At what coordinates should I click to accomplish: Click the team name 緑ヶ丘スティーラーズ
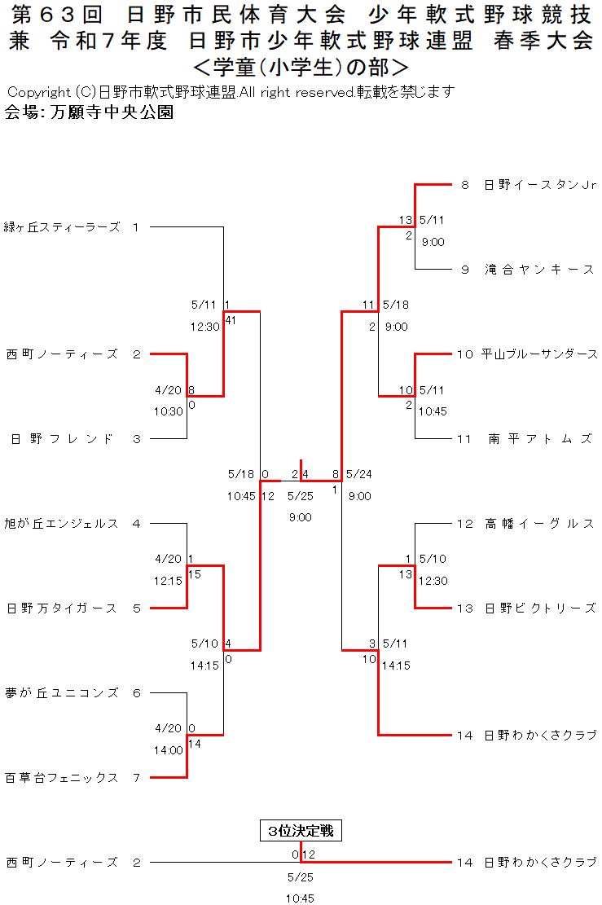(x=62, y=227)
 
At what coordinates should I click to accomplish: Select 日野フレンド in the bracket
(x=62, y=439)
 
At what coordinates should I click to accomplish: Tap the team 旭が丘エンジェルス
(x=62, y=524)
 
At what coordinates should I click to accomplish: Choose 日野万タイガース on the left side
(x=62, y=608)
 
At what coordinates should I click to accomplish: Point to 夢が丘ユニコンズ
(x=62, y=693)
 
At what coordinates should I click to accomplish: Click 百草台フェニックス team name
(x=62, y=778)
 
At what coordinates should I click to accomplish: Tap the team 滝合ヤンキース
(x=539, y=270)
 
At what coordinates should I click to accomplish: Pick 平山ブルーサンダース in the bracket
(x=539, y=354)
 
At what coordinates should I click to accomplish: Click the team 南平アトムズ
(x=539, y=439)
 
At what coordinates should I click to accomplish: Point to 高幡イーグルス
(x=539, y=524)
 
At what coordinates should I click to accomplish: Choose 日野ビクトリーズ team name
(x=539, y=608)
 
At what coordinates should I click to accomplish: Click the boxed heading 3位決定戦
(x=301, y=831)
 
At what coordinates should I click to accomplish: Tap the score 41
(x=231, y=320)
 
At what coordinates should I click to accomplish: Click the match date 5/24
(x=358, y=474)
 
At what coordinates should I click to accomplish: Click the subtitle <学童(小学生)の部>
(x=301, y=65)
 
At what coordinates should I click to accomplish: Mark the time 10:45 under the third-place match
(x=300, y=898)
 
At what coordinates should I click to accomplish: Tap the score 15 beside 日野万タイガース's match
(x=195, y=574)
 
